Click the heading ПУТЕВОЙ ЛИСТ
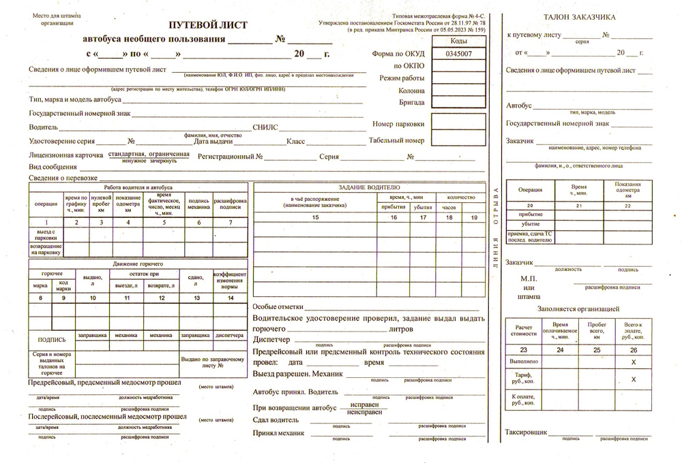[x=208, y=25]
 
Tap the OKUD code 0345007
[x=458, y=53]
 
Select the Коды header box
[x=458, y=41]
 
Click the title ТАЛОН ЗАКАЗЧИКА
[x=580, y=17]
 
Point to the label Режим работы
[x=402, y=78]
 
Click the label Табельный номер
[x=396, y=141]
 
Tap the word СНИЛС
[x=265, y=127]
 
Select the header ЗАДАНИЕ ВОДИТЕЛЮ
[x=369, y=187]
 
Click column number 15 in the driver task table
[x=314, y=217]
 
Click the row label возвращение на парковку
[x=46, y=249]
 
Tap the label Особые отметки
[x=277, y=308]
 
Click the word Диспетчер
[x=271, y=339]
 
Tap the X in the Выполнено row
[x=634, y=362]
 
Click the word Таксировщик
[x=526, y=432]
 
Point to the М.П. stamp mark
[x=529, y=278]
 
